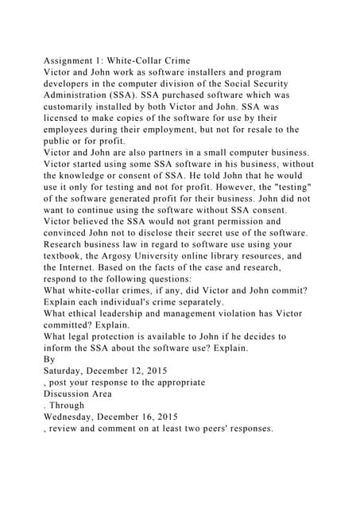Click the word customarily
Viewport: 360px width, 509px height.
pyautogui.click(x=79, y=106)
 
